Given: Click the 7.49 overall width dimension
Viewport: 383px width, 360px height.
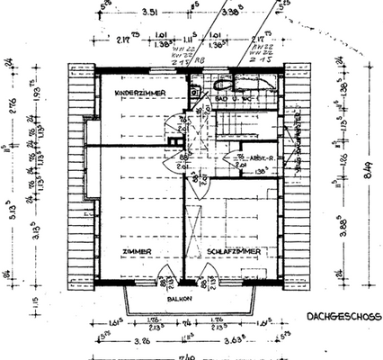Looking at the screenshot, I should [x=184, y=355].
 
